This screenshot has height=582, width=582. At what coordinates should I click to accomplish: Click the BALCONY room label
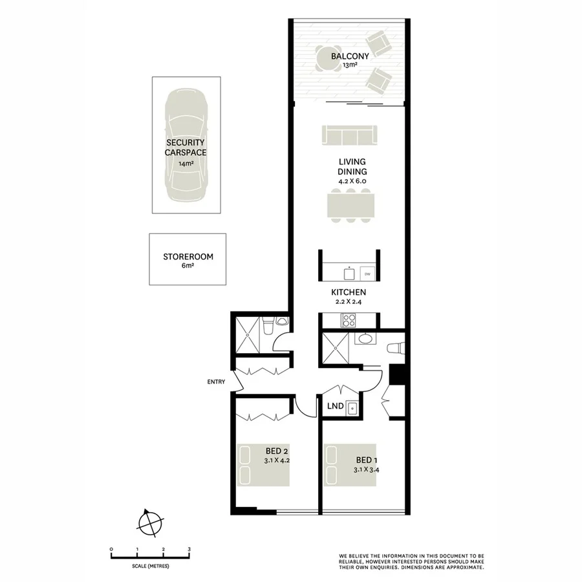(x=350, y=56)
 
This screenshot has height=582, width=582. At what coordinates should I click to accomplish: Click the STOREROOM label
(x=188, y=257)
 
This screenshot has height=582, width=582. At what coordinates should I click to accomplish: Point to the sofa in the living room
(x=349, y=135)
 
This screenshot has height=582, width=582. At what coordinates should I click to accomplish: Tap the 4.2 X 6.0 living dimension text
(x=351, y=182)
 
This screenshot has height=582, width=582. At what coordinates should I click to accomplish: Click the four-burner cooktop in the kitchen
(x=349, y=319)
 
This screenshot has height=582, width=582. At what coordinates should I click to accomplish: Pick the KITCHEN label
(x=350, y=293)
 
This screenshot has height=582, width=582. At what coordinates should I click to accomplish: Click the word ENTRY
(x=215, y=382)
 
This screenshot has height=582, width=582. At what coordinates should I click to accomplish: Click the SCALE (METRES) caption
(x=150, y=566)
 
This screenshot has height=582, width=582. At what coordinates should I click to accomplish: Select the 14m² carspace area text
(x=185, y=164)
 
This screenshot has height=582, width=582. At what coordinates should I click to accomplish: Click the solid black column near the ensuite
(x=397, y=374)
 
